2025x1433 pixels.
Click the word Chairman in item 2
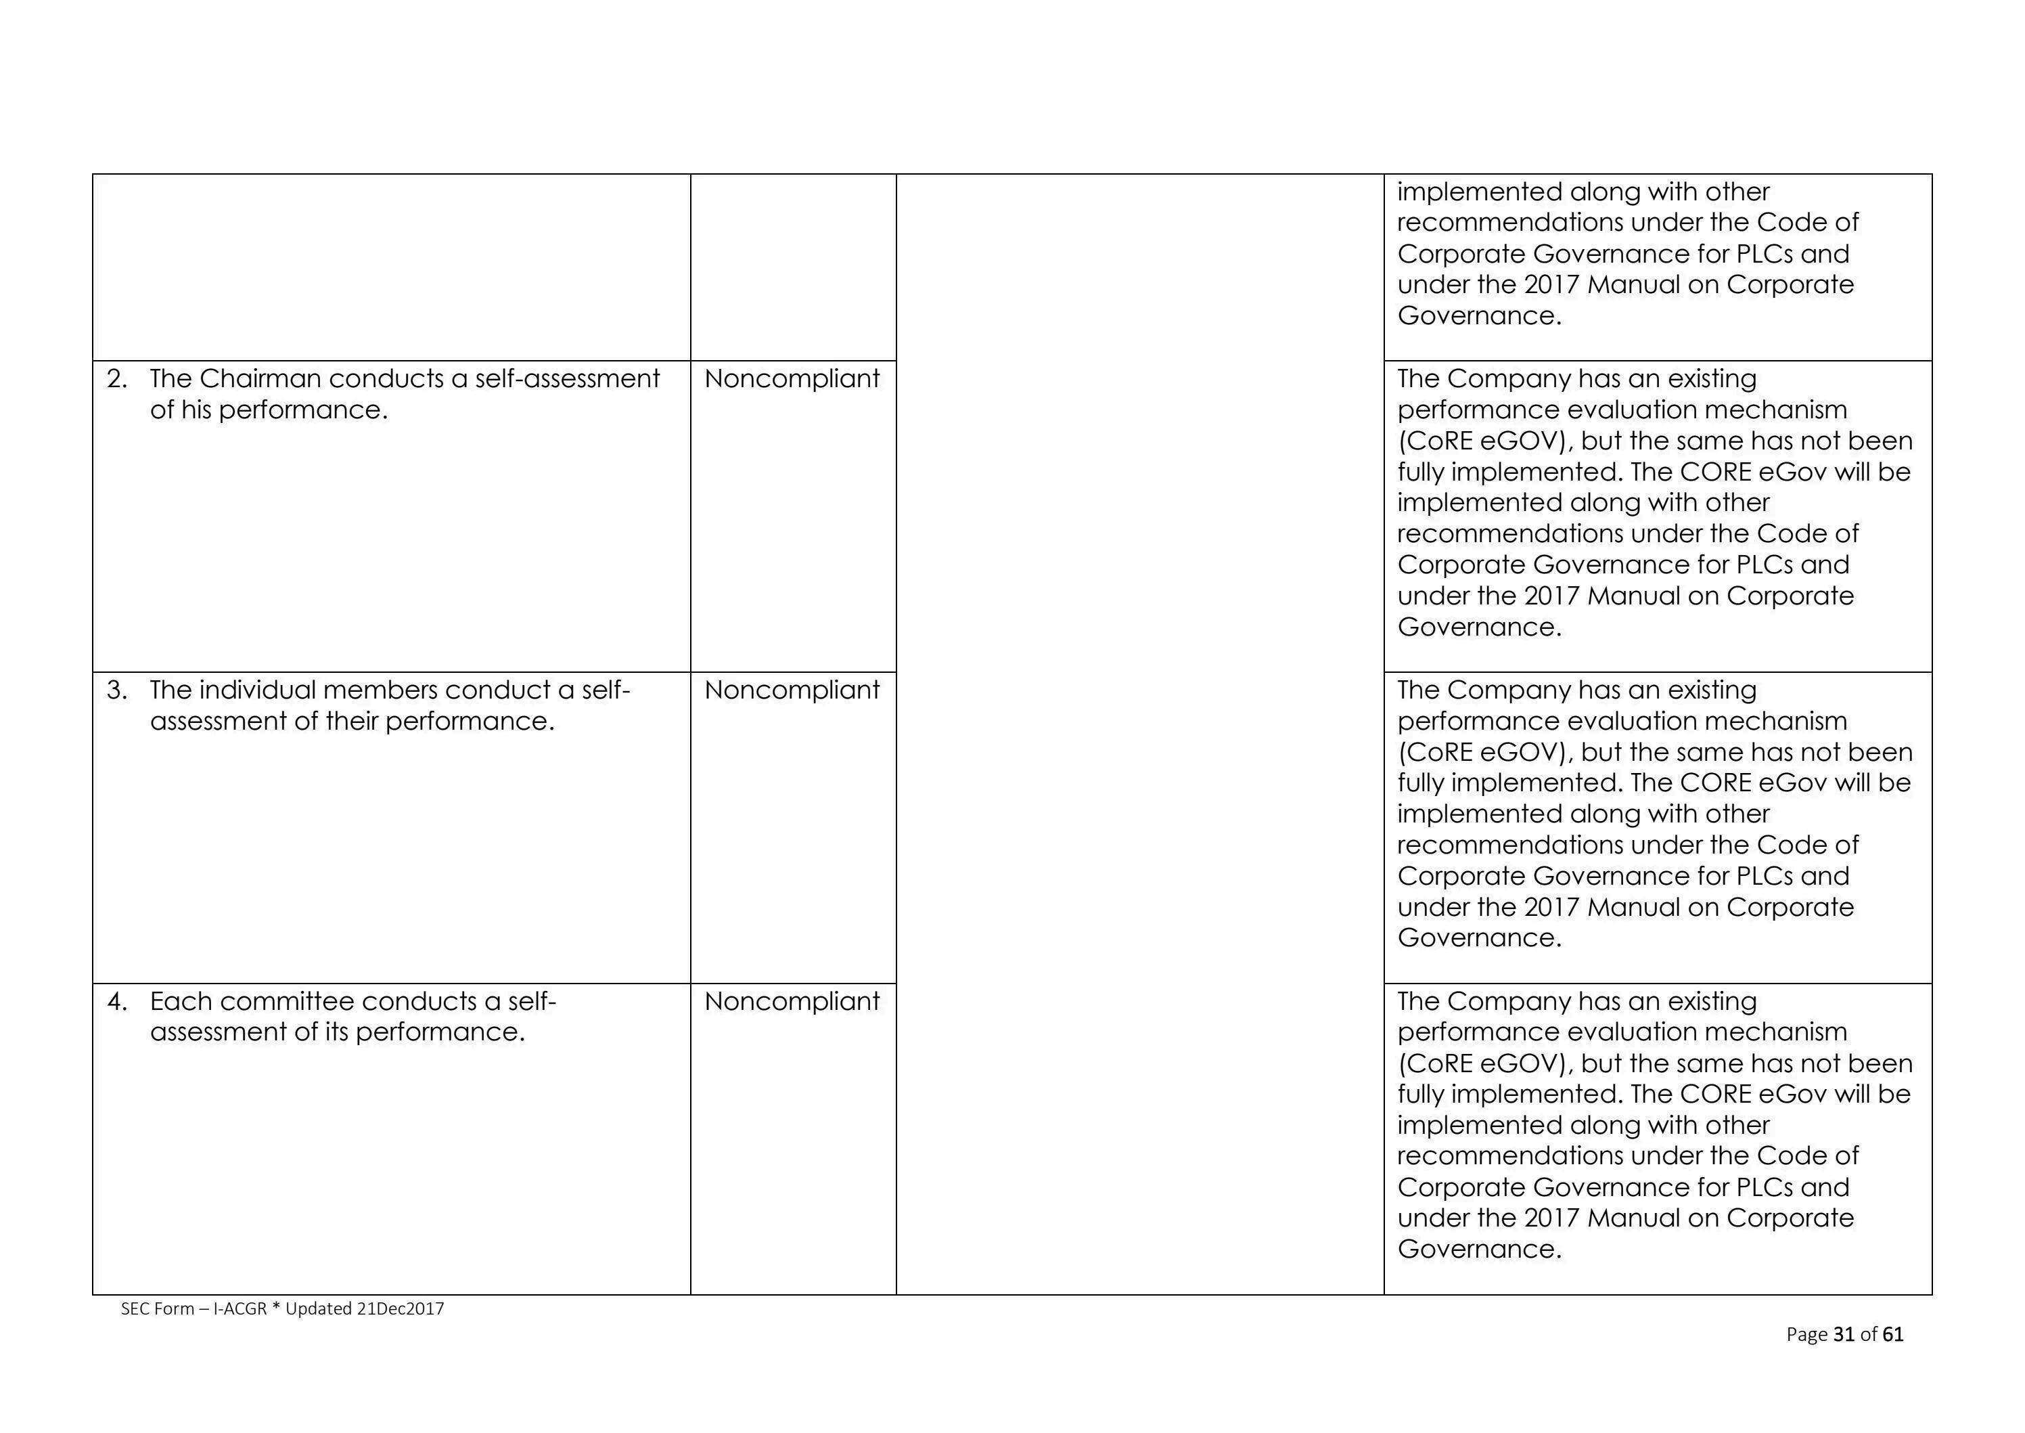coord(260,378)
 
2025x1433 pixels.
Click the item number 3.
coord(116,690)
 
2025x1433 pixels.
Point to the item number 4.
coord(116,1002)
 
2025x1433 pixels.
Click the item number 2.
coord(116,378)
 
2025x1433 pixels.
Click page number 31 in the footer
coord(1843,1334)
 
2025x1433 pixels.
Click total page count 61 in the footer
coord(1892,1334)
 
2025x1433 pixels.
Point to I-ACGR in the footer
coord(240,1308)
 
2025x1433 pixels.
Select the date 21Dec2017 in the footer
coord(401,1308)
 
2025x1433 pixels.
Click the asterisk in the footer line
coord(276,1307)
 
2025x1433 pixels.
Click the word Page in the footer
coord(1807,1334)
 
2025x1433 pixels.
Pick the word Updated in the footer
coord(319,1308)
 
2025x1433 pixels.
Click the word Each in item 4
coord(180,1002)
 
